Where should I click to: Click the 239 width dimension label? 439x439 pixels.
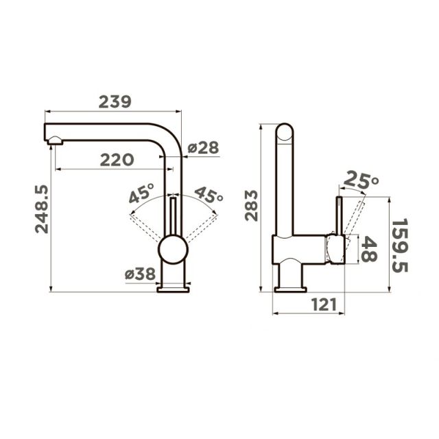point(115,102)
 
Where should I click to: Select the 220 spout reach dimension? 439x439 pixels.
point(117,160)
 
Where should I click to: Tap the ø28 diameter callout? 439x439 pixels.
point(203,147)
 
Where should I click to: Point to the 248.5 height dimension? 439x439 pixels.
point(42,209)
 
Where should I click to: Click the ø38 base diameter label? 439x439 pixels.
point(140,274)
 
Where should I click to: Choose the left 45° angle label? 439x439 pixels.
point(141,193)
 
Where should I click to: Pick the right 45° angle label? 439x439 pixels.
point(209,195)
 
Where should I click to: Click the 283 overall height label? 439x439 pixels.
point(251,206)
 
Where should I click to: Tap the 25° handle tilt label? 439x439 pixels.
point(361,180)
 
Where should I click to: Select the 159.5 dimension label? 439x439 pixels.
point(400,246)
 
